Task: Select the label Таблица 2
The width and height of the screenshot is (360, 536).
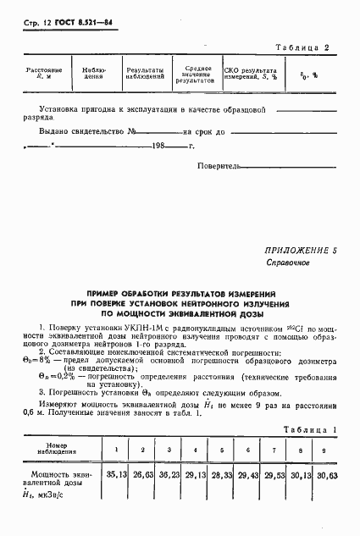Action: pyautogui.click(x=309, y=48)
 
